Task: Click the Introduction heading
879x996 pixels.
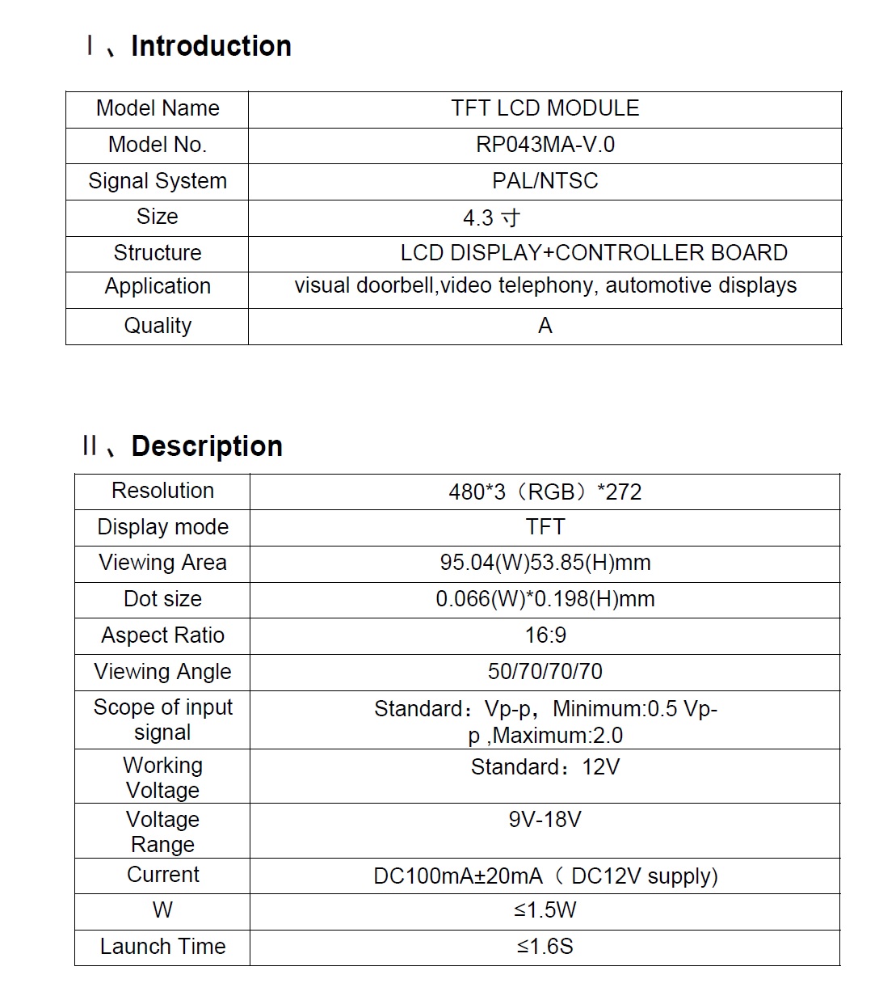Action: point(210,46)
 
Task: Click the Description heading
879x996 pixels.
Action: point(206,446)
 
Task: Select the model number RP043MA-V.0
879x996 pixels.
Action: point(545,145)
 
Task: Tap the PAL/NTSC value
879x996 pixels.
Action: point(545,180)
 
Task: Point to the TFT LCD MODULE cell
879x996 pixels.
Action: point(545,108)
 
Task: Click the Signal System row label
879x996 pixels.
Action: point(158,181)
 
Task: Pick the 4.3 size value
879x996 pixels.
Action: point(491,218)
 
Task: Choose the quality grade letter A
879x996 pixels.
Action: point(545,326)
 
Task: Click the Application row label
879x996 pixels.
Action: point(158,286)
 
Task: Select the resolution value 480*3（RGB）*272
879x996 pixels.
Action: point(545,492)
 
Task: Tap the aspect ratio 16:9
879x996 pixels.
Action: point(545,635)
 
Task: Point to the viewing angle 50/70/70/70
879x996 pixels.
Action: point(545,672)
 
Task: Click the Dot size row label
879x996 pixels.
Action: point(162,599)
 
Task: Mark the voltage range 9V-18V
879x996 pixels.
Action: point(545,820)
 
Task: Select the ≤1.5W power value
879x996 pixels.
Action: point(545,910)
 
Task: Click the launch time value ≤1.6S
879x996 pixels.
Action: point(545,947)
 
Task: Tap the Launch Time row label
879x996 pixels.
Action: point(162,947)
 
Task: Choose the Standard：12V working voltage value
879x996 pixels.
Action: point(545,767)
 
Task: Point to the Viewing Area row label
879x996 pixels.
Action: point(162,563)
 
